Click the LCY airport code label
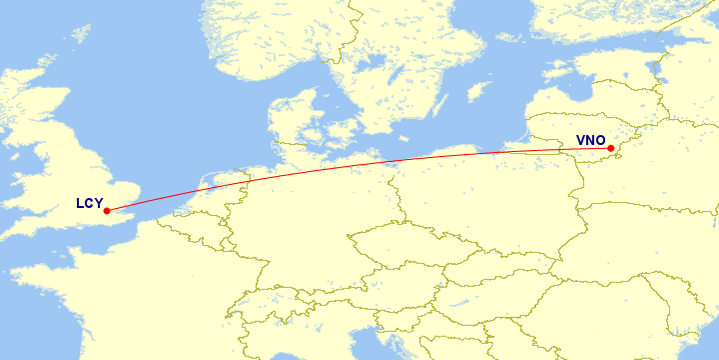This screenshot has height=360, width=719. click(90, 204)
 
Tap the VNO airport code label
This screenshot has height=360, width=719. click(591, 141)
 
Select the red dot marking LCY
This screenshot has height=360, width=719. click(106, 211)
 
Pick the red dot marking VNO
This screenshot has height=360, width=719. click(610, 149)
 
